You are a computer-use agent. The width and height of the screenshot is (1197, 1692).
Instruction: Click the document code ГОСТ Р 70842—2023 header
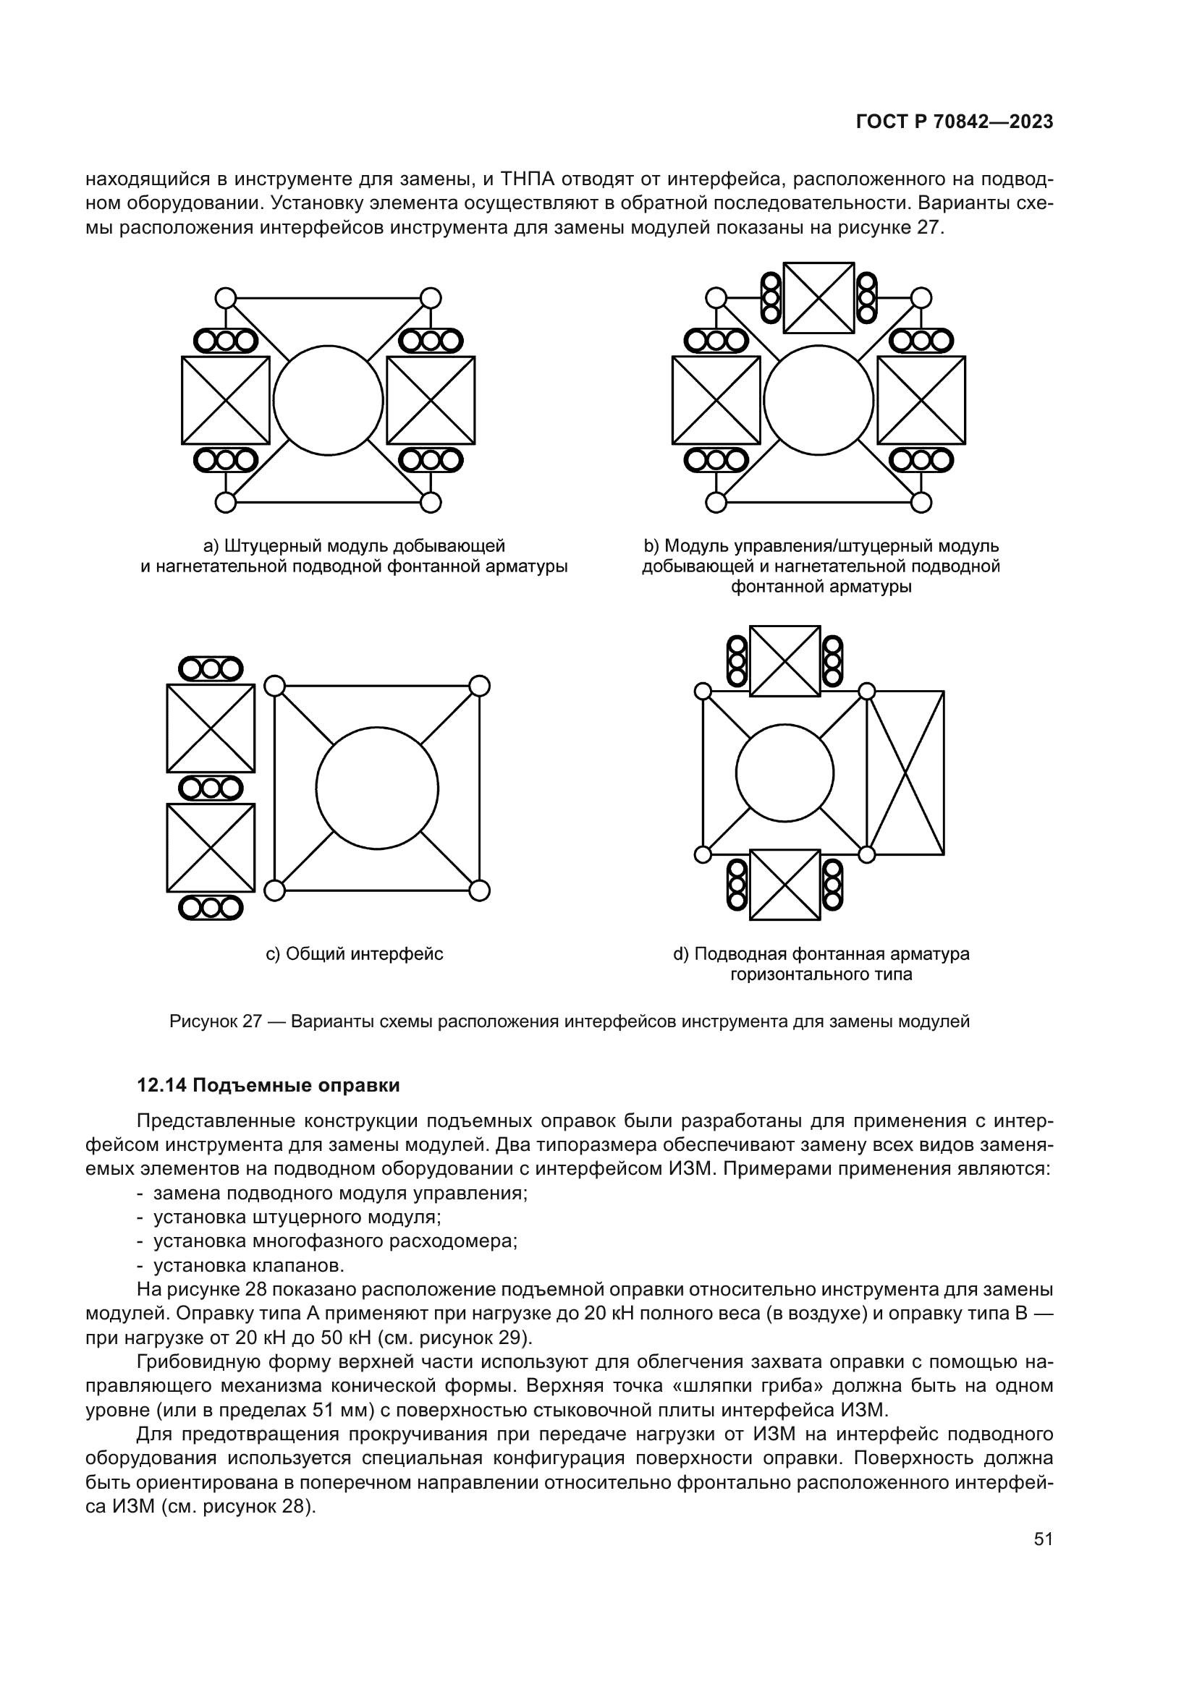[x=954, y=122]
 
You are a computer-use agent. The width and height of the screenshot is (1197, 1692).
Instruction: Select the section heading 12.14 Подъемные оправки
[x=268, y=1086]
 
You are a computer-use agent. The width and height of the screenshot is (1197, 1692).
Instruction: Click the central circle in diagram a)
[x=328, y=400]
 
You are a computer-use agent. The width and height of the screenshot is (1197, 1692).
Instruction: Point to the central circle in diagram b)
[x=819, y=400]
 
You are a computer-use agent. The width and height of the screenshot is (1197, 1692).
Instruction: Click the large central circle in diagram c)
[x=376, y=788]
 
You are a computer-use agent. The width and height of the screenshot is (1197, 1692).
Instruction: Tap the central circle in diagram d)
[x=784, y=773]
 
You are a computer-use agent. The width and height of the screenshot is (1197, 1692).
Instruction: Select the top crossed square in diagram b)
[x=819, y=298]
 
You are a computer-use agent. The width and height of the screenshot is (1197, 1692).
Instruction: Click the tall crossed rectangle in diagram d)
[x=906, y=773]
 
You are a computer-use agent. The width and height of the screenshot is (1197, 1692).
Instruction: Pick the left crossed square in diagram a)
[x=226, y=400]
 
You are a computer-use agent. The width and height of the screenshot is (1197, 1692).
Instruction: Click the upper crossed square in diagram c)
[x=211, y=728]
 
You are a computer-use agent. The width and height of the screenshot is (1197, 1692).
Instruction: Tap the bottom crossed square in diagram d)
[x=784, y=884]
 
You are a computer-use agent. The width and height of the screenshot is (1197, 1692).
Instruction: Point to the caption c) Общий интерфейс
[x=354, y=954]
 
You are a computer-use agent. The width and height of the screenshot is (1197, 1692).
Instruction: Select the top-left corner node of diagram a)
[x=226, y=298]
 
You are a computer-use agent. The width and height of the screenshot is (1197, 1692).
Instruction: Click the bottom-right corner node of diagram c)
[x=479, y=890]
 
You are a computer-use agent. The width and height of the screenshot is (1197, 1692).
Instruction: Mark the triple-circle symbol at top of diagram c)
[x=211, y=669]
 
